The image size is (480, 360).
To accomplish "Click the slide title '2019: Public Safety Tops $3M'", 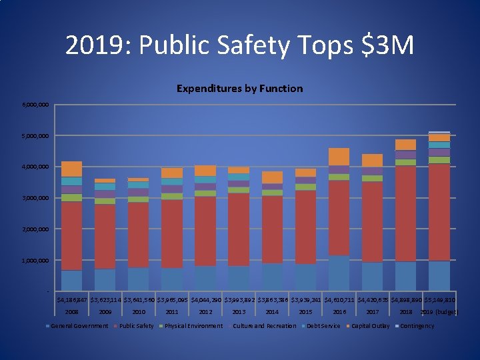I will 239,46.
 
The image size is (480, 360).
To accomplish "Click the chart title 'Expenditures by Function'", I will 239,89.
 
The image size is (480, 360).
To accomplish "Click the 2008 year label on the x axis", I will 71,311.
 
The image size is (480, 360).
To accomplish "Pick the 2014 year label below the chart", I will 272,311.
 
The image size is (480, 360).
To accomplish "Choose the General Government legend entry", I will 79,326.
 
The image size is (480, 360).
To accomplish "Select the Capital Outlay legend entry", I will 370,326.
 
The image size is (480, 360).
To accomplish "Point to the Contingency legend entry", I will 417,326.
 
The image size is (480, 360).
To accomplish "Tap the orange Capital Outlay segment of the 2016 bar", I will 339,157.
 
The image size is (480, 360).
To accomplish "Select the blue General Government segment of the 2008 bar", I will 72,280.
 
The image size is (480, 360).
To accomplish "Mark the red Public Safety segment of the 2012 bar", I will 205,231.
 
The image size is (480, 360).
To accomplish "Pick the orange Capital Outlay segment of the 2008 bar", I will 72,169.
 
